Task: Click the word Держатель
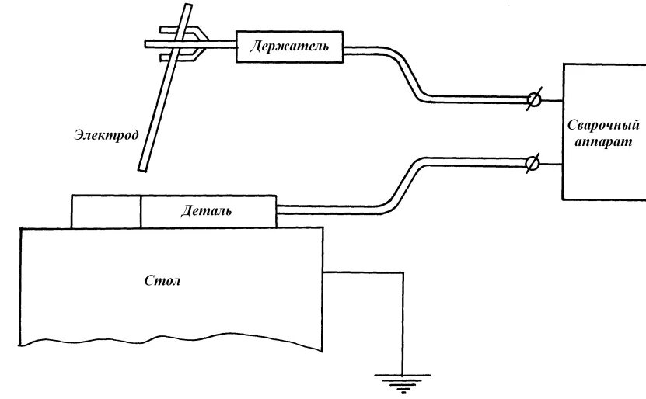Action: tap(289, 47)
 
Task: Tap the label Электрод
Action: tap(107, 135)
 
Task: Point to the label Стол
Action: tap(162, 280)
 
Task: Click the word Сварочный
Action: tap(603, 125)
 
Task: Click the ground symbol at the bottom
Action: tap(403, 380)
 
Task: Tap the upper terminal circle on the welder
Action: tap(533, 99)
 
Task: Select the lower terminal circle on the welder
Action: tap(533, 164)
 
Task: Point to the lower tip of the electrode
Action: tap(141, 167)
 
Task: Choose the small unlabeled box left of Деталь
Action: tap(106, 211)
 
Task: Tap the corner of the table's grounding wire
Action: tap(403, 272)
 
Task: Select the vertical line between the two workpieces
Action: tap(141, 211)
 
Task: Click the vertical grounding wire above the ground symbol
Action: tap(403, 326)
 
